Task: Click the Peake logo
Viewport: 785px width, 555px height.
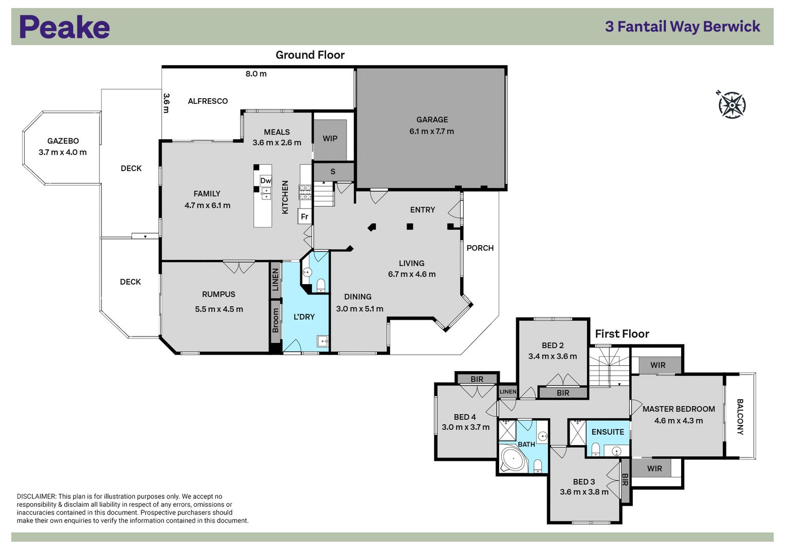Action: pyautogui.click(x=64, y=27)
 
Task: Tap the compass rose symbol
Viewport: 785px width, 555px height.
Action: pyautogui.click(x=732, y=105)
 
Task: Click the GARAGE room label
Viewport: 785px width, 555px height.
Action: pyautogui.click(x=432, y=119)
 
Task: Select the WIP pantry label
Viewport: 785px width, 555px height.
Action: pyautogui.click(x=330, y=138)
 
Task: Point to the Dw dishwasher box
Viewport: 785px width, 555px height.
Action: pyautogui.click(x=266, y=181)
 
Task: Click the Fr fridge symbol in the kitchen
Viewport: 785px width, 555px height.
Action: pyautogui.click(x=304, y=216)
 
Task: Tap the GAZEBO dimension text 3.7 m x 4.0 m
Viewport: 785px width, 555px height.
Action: pyautogui.click(x=62, y=152)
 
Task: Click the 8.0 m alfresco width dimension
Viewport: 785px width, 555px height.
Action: pyautogui.click(x=256, y=73)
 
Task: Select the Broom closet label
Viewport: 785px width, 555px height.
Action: pyautogui.click(x=276, y=321)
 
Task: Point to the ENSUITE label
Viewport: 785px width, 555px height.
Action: pyautogui.click(x=608, y=432)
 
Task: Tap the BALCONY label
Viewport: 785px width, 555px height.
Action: pyautogui.click(x=740, y=417)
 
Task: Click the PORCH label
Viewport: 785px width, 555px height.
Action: pyautogui.click(x=480, y=248)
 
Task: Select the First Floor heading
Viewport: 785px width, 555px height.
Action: pyautogui.click(x=622, y=334)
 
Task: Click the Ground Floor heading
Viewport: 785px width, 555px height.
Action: pyautogui.click(x=310, y=55)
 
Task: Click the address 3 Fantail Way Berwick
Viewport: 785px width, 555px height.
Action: pyautogui.click(x=683, y=27)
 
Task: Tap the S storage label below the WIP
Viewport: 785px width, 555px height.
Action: pyautogui.click(x=333, y=171)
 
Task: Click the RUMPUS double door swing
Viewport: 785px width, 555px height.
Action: pyautogui.click(x=239, y=267)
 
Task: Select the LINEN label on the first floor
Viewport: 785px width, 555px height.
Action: pyautogui.click(x=508, y=392)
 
